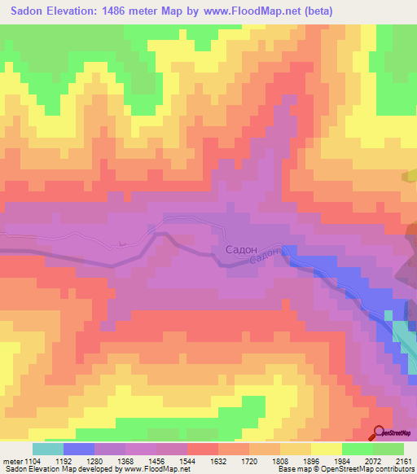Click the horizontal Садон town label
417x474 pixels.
point(241,251)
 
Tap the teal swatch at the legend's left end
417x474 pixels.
point(48,449)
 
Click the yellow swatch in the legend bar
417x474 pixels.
point(326,449)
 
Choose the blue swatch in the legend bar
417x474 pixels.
point(79,449)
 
